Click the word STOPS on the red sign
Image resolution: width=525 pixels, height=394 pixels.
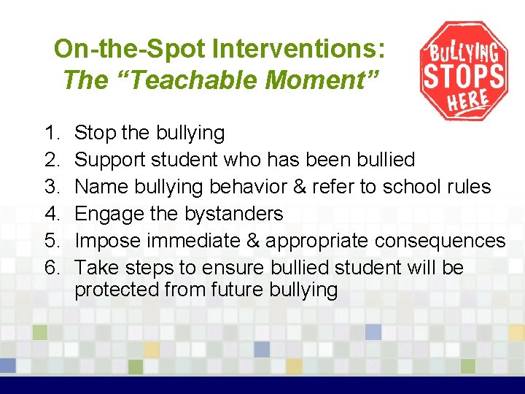pos(464,76)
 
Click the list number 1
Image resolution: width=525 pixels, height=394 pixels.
pos(51,134)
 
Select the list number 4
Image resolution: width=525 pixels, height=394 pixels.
pos(51,214)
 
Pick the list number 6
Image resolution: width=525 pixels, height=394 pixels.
pos(51,268)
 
